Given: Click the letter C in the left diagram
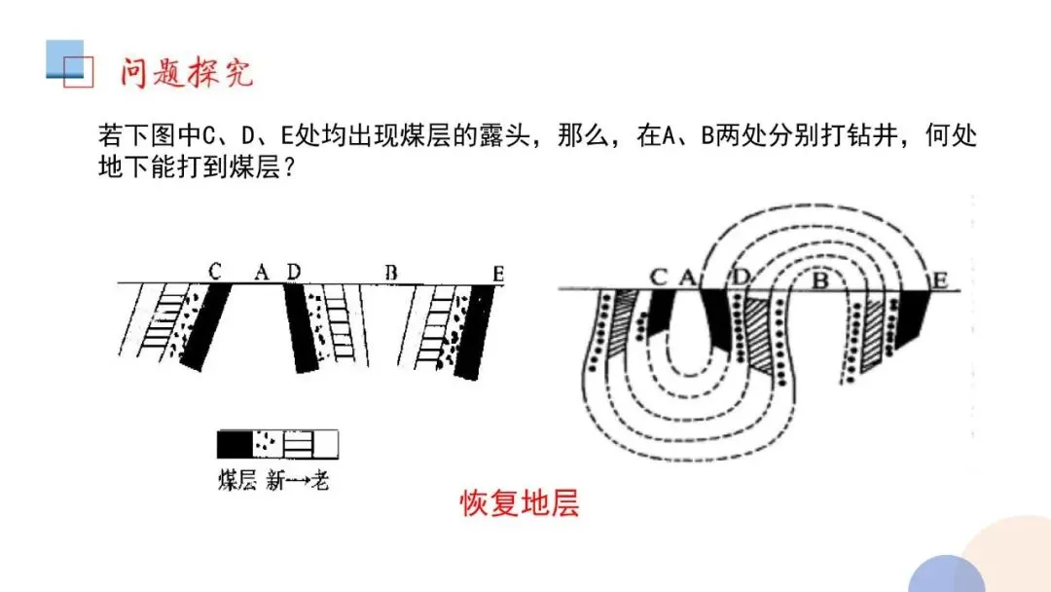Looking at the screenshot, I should pos(215,272).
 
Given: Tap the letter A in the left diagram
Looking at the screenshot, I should pos(261,273).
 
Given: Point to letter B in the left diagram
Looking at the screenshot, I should pos(390,273).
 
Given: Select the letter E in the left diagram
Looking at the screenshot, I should pos(498,275).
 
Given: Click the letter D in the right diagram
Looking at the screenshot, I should pos(742,277).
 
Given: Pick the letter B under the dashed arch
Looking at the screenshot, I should pos(819,282).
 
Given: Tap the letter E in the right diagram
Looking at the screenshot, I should pos(940,280).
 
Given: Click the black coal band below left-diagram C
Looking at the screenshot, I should pos(205,326).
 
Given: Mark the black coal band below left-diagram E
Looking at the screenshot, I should pos(471,331).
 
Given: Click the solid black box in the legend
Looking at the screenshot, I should pos(234,444).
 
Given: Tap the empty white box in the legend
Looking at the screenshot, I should pos(327,444).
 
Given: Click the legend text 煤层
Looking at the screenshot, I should pos(236,480).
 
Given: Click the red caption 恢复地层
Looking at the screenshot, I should pos(520,504).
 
